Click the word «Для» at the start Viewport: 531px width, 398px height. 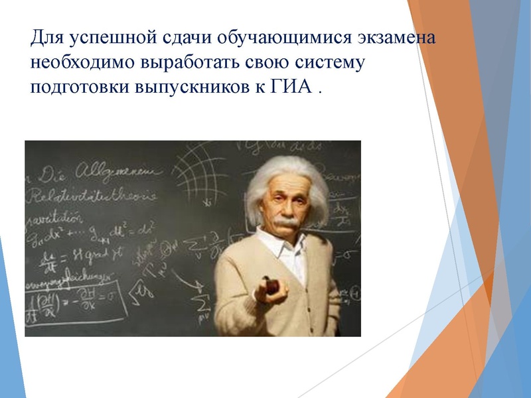[48, 37]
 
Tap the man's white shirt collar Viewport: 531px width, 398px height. [279, 243]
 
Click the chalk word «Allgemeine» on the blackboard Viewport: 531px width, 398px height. [113, 174]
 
